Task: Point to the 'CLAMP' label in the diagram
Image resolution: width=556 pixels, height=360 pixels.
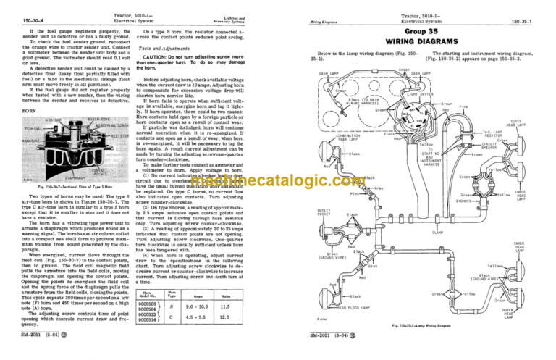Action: (x=437, y=232)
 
